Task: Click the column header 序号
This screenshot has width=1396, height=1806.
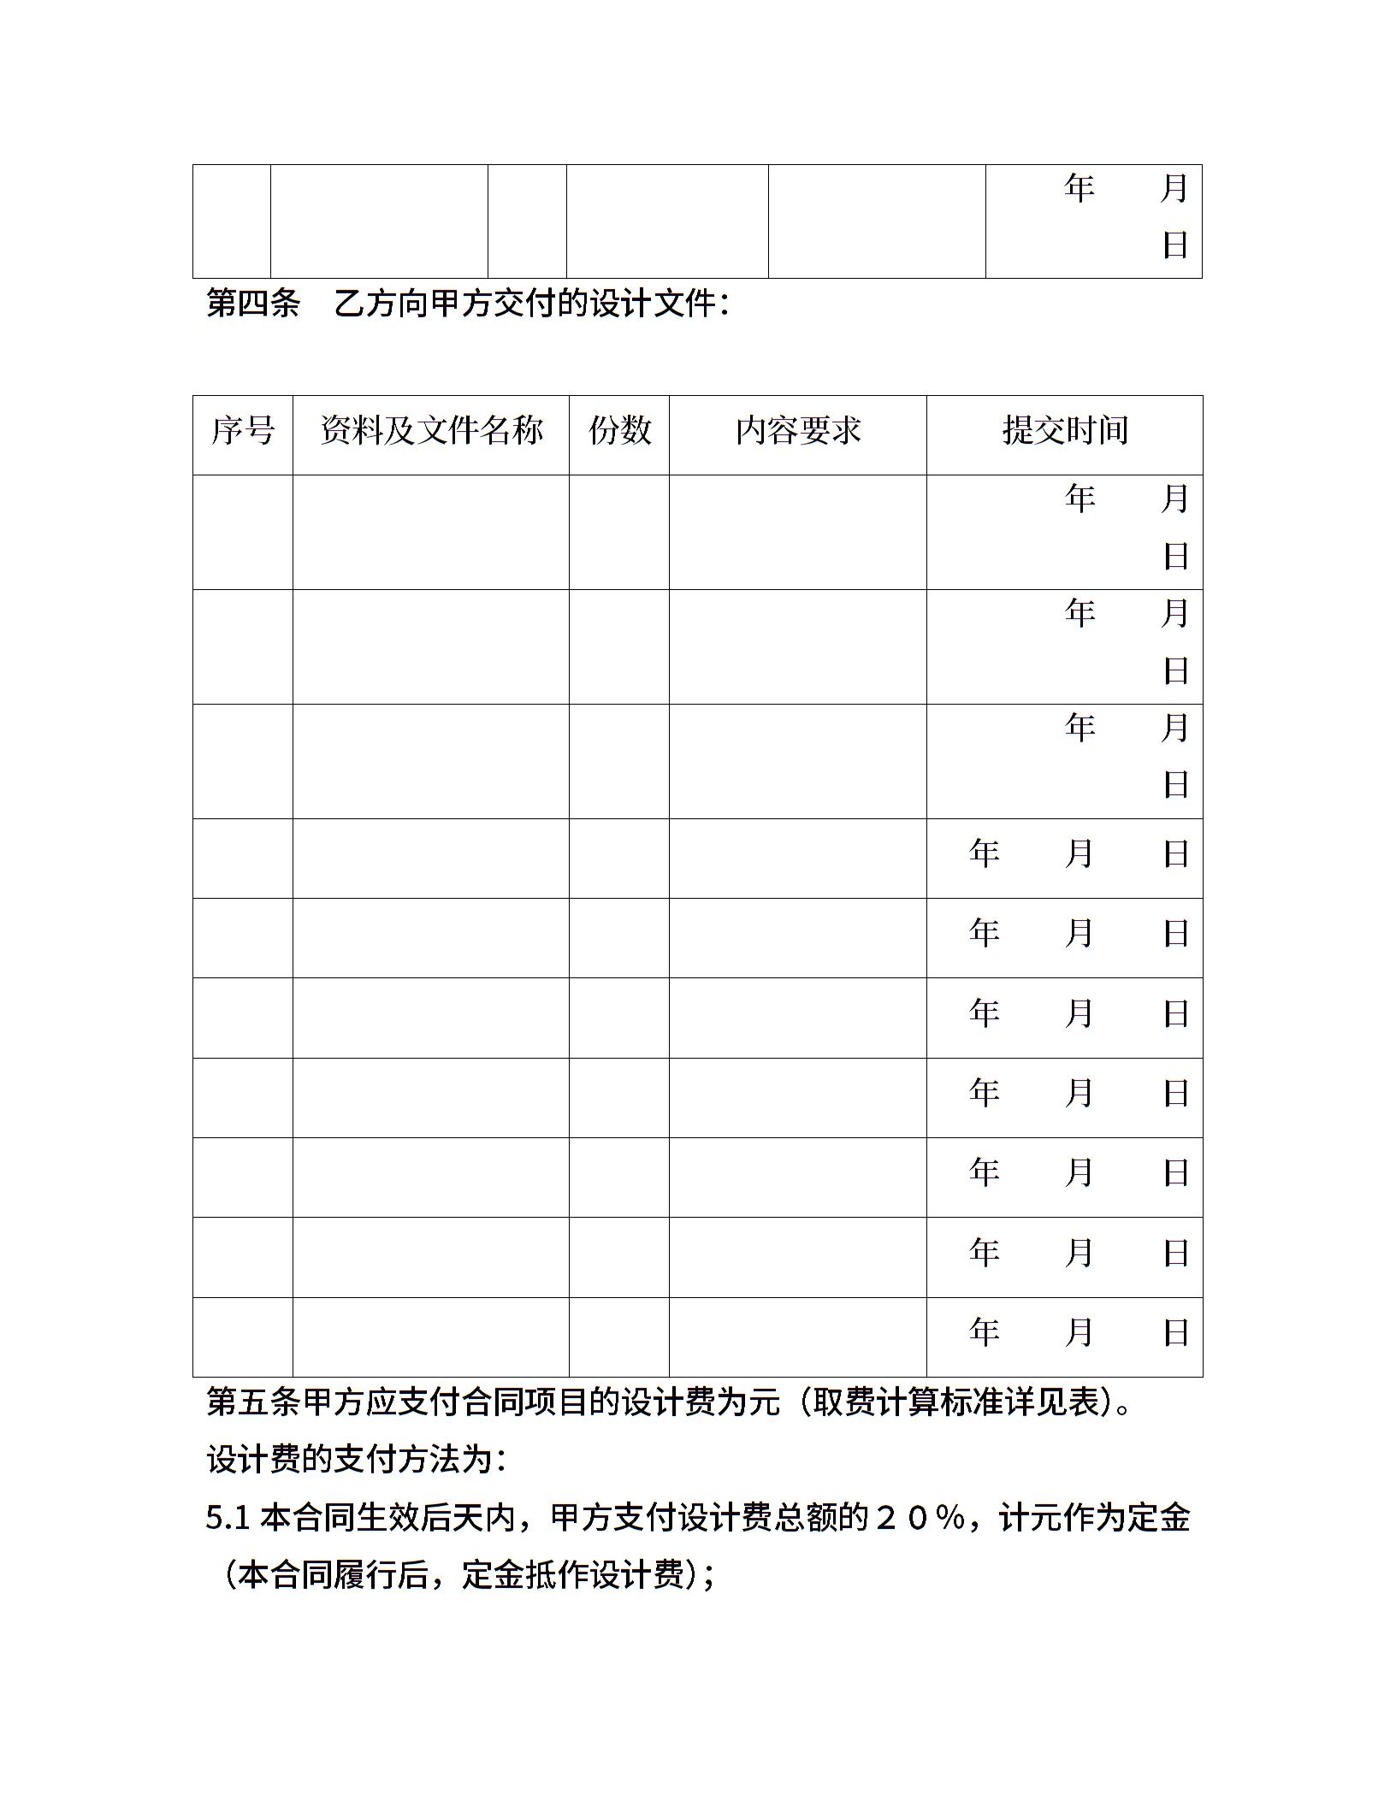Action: coord(243,431)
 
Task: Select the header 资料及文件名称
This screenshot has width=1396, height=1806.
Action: coord(431,431)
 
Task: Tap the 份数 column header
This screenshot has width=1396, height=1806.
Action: coord(619,431)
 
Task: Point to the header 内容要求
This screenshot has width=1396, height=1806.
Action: coord(798,431)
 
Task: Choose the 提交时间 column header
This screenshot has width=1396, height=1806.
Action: coord(1065,431)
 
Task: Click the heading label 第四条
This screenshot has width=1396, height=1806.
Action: coord(253,304)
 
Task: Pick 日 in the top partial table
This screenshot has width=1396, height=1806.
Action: coord(1175,245)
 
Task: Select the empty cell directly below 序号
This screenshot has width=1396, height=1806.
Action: coord(243,532)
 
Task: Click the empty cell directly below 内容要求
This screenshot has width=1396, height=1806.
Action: coord(798,532)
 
